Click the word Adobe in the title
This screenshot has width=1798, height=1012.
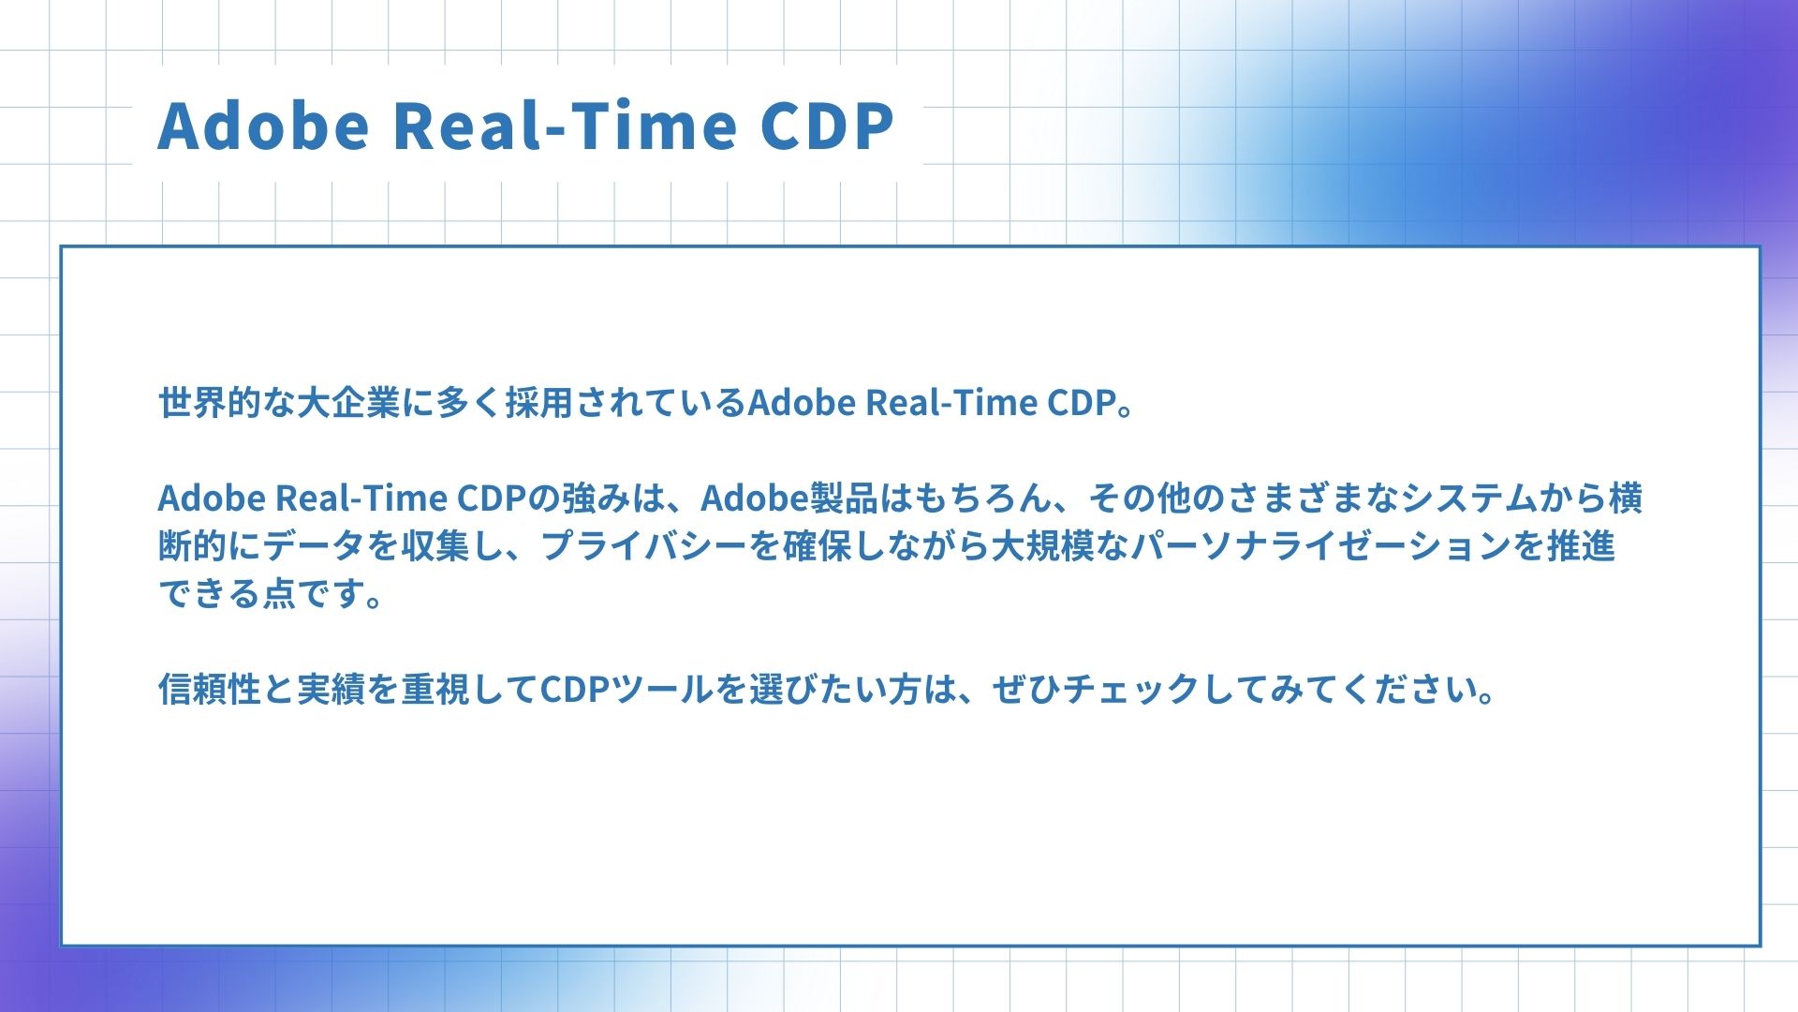pyautogui.click(x=264, y=125)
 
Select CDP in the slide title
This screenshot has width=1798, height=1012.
pyautogui.click(x=827, y=125)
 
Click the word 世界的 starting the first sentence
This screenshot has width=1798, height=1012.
pyautogui.click(x=210, y=403)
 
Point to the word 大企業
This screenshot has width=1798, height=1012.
pyautogui.click(x=348, y=403)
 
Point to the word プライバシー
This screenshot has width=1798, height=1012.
pyautogui.click(x=643, y=546)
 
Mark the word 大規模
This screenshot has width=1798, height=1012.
pyautogui.click(x=1043, y=546)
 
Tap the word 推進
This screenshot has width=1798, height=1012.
pyautogui.click(x=1581, y=546)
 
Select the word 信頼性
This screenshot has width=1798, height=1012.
pyautogui.click(x=210, y=690)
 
